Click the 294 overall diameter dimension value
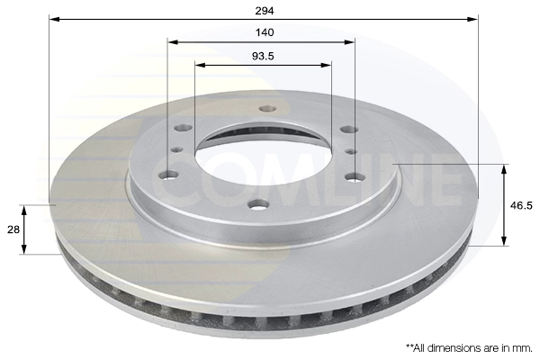point(265,11)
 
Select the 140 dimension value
point(265,32)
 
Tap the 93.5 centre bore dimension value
point(263,56)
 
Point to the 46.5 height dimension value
point(521,206)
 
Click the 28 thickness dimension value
point(13,229)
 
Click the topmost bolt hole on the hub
point(268,109)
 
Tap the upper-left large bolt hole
point(184,128)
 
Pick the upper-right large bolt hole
point(349,130)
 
